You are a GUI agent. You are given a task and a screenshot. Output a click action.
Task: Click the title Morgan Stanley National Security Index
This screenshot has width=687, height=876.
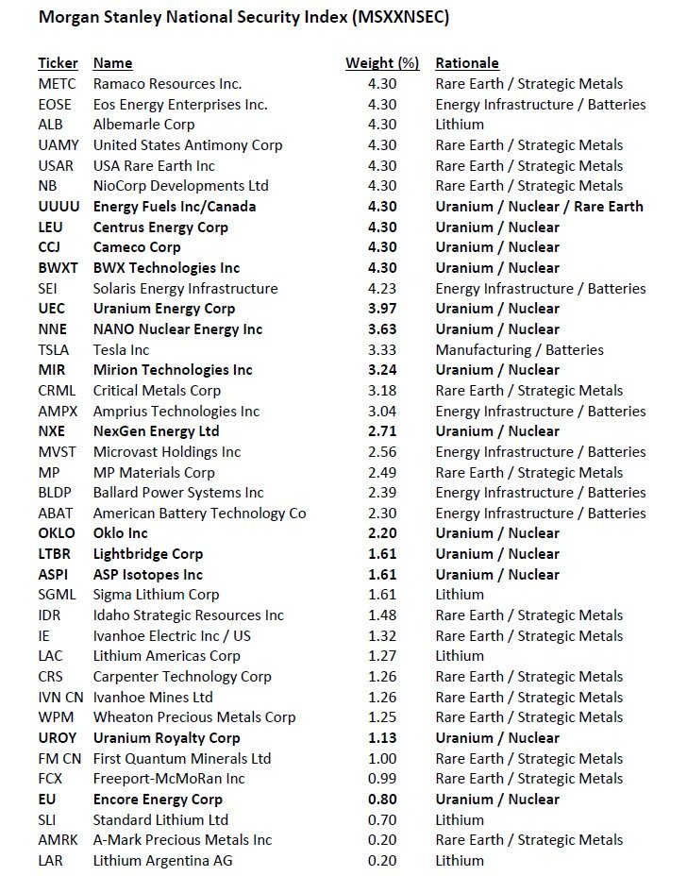pos(229,18)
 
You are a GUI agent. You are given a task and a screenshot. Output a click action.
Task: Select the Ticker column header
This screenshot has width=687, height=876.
pos(58,63)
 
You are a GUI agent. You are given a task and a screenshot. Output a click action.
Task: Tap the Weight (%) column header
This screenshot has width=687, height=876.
pos(381,63)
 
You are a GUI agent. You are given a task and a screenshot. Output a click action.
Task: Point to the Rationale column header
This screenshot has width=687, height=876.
pos(466,63)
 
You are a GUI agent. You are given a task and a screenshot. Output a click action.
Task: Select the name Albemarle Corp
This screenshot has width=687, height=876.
pos(143,125)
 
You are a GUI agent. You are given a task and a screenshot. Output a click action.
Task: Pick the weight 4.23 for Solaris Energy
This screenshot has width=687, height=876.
pos(383,289)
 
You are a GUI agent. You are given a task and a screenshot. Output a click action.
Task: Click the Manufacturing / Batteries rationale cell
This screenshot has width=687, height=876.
pos(519,350)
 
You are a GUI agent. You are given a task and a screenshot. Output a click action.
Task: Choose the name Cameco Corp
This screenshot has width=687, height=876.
pos(137,247)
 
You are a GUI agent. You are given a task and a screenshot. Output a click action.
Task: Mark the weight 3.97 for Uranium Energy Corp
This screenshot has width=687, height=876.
pos(383,309)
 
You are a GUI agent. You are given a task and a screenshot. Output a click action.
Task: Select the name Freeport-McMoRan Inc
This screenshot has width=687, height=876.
pos(169,779)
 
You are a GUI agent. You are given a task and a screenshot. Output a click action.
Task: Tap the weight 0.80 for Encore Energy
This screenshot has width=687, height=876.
pos(383,800)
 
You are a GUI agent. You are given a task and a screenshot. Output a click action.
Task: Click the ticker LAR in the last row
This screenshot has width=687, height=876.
pos(51,861)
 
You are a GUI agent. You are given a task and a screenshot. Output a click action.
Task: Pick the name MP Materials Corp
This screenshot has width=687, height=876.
pos(154,472)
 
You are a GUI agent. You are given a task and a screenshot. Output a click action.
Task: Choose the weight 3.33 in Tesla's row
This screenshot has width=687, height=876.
pos(383,350)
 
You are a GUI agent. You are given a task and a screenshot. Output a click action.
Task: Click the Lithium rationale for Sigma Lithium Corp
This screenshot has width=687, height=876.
pos(460,595)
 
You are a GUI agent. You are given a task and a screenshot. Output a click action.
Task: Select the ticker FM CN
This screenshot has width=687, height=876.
pos(60,759)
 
